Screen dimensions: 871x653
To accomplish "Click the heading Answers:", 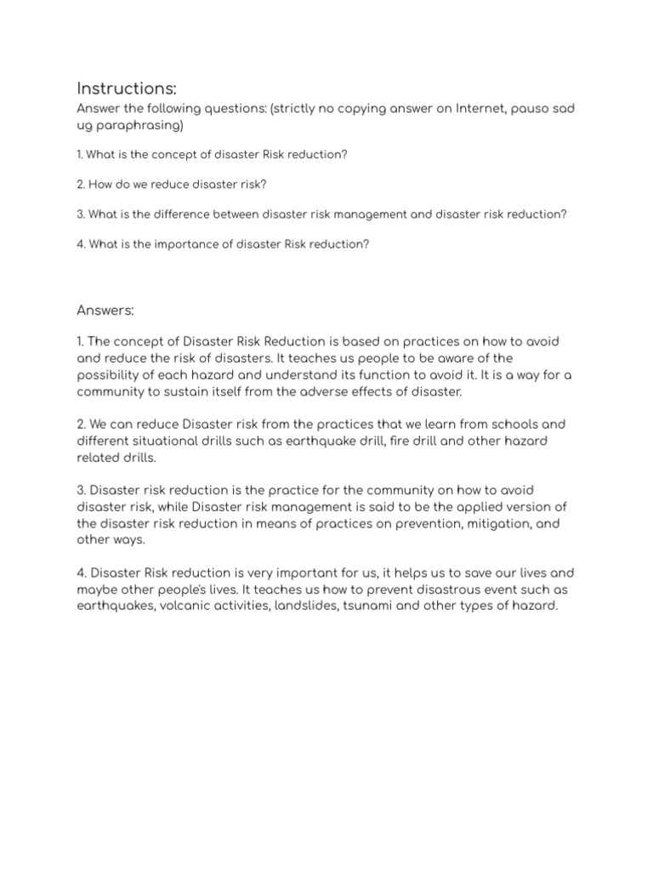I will (x=105, y=310).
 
